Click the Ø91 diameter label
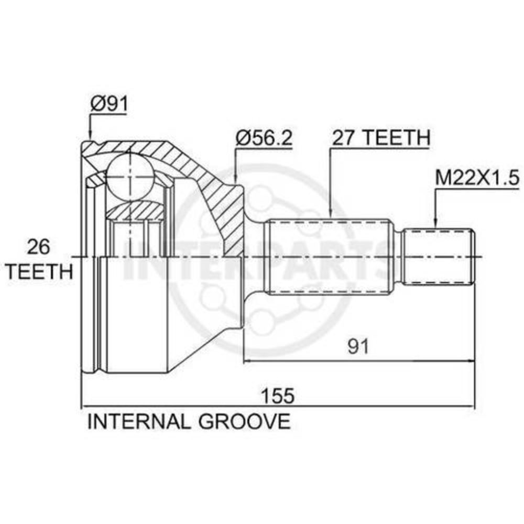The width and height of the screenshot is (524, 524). [110, 104]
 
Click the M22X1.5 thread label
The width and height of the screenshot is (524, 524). [477, 178]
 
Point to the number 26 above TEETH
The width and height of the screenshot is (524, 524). [38, 247]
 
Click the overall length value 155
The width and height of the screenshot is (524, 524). [278, 396]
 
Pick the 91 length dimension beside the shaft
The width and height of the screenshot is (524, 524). [358, 346]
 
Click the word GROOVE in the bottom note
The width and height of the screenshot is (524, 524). [245, 421]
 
